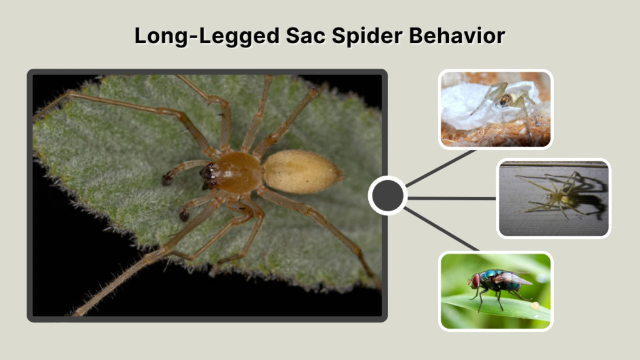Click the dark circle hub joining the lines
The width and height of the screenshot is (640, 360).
coord(387,196)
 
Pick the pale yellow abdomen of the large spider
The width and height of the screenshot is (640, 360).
coord(302,171)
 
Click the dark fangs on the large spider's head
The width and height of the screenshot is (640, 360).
coord(208,176)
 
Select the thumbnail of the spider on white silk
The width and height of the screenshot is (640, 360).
coord(496,109)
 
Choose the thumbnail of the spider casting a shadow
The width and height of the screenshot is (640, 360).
coord(554,198)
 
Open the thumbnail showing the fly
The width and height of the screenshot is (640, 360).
coord(496,291)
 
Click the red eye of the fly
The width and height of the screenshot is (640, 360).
coord(476,280)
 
